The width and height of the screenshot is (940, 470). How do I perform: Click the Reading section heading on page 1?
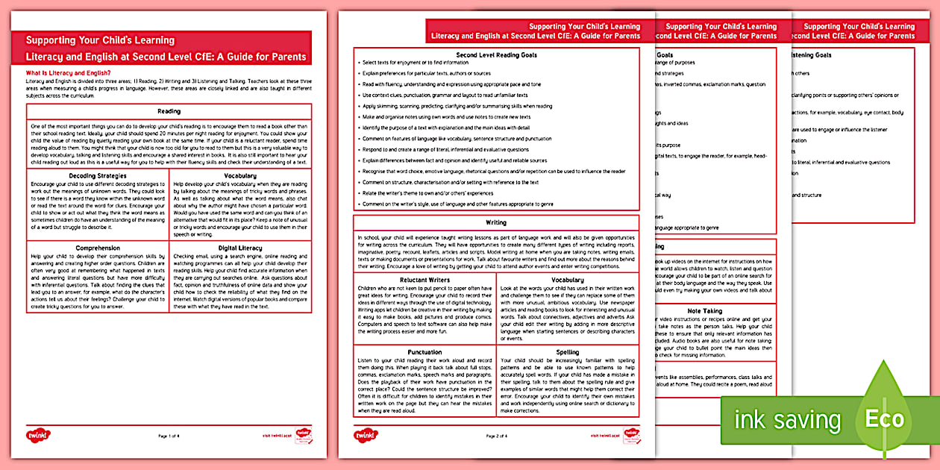pos(169,111)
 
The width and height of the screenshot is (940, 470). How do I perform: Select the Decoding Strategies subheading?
pos(97,175)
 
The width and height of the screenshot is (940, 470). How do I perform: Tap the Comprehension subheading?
pos(97,247)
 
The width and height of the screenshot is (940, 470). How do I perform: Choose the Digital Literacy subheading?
pos(239,247)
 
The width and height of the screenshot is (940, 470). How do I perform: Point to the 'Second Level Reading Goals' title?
pos(496,55)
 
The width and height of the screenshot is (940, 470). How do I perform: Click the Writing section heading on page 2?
pos(496,222)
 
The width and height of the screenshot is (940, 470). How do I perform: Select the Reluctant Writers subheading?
pos(424,280)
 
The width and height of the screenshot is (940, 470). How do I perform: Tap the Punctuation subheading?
pos(424,352)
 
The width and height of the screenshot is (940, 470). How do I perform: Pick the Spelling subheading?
pos(568,352)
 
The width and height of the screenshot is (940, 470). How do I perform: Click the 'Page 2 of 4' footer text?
pos(496,435)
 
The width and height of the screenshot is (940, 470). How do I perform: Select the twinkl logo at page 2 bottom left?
pos(366,434)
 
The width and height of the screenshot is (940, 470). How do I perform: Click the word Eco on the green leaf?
pos(884,419)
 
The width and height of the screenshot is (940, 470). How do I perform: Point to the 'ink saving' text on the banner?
pos(787,420)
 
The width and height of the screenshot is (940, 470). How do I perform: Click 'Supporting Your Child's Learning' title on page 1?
pos(100,40)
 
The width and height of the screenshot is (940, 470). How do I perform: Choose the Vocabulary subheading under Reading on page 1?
pos(239,175)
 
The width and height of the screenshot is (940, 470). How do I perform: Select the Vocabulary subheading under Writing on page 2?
pos(568,280)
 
